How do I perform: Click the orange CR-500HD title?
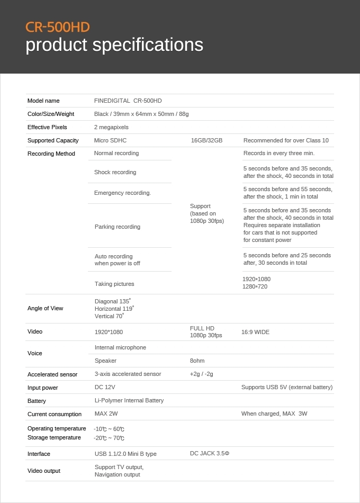pyautogui.click(x=58, y=27)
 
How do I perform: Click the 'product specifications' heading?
pyautogui.click(x=114, y=45)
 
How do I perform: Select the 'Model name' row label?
pyautogui.click(x=43, y=101)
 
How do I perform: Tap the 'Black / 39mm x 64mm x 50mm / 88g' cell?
pyautogui.click(x=141, y=114)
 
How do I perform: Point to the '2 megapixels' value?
pyautogui.click(x=111, y=127)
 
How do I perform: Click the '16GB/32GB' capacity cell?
pyautogui.click(x=206, y=140)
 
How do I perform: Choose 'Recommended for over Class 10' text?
pyautogui.click(x=286, y=140)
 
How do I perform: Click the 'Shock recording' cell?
pyautogui.click(x=115, y=172)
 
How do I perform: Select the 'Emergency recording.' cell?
pyautogui.click(x=122, y=193)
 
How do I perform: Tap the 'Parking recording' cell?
pyautogui.click(x=118, y=227)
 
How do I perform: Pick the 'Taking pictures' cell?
pyautogui.click(x=114, y=284)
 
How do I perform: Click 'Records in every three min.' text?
pyautogui.click(x=279, y=153)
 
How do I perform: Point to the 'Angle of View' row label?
pyautogui.click(x=45, y=308)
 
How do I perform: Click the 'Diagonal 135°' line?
pyautogui.click(x=113, y=301)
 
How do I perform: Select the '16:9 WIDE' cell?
pyautogui.click(x=255, y=332)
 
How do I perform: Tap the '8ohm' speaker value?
pyautogui.click(x=197, y=361)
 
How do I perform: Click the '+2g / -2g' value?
pyautogui.click(x=201, y=374)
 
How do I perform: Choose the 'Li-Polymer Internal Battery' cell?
pyautogui.click(x=129, y=400)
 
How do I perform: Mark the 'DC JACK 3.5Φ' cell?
pyautogui.click(x=210, y=453)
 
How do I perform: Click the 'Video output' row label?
pyautogui.click(x=44, y=471)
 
